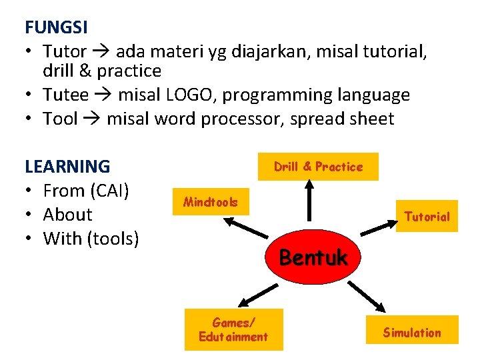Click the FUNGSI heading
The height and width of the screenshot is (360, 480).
56,27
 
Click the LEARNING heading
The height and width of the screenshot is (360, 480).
67,166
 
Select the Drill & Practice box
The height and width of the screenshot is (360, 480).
318,167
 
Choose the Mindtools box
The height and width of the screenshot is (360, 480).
210,201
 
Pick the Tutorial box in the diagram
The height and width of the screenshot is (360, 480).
427,216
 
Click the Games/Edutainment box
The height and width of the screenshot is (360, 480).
233,329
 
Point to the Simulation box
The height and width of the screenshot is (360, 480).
411,332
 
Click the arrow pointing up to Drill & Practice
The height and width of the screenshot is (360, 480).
309,200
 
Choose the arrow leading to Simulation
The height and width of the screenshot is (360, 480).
367,297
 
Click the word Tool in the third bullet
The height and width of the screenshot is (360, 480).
60,119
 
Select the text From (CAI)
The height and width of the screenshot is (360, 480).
85,191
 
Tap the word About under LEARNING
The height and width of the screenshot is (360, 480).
67,215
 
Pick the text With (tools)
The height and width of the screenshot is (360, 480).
91,239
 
